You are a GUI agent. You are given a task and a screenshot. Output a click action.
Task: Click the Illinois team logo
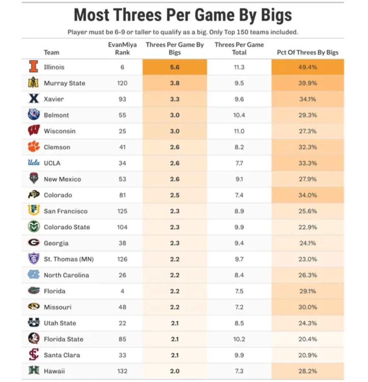point(33,67)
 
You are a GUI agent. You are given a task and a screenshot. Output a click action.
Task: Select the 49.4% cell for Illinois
point(308,67)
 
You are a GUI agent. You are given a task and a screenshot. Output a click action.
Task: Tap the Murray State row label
point(65,83)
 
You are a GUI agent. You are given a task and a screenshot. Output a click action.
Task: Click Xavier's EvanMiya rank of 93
point(122,99)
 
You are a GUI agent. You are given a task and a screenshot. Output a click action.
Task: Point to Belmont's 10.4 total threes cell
point(239,115)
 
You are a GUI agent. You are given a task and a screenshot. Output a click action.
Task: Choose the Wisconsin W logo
point(33,131)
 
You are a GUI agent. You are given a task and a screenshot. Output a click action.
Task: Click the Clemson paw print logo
point(33,146)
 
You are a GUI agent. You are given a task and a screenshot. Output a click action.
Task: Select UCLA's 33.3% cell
point(308,163)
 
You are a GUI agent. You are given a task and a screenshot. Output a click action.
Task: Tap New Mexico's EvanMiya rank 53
point(122,179)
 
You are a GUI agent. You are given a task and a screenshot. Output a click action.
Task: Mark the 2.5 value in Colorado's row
point(175,195)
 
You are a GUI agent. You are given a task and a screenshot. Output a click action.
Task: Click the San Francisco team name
point(65,211)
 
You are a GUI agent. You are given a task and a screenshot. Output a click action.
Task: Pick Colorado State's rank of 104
point(122,227)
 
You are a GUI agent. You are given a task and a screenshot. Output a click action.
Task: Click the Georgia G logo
point(33,242)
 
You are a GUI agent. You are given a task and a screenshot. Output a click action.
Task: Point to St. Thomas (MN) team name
point(69,259)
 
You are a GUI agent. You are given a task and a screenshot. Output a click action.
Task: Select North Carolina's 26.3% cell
point(308,275)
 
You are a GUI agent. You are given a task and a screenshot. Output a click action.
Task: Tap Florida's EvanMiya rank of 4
point(122,291)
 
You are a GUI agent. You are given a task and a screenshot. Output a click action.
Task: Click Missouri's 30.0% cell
point(308,307)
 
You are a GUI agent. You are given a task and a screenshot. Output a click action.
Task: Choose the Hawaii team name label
point(54,371)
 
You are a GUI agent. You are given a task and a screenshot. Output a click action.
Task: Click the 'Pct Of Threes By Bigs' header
point(308,52)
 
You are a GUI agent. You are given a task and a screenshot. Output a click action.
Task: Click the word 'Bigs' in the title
point(276,15)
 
